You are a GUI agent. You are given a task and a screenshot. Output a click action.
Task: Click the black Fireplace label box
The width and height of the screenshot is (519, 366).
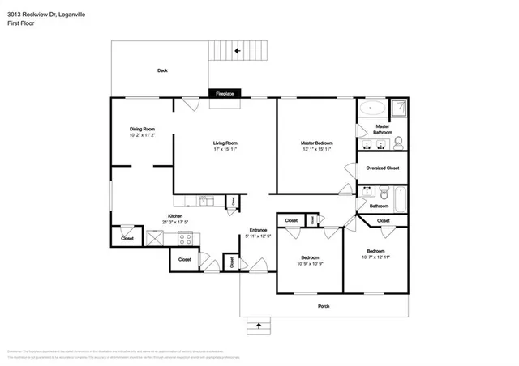[225, 94]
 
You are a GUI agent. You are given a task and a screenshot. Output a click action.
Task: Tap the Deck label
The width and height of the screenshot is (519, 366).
[162, 71]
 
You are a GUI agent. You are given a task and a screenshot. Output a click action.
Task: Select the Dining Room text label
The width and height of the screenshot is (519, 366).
[142, 129]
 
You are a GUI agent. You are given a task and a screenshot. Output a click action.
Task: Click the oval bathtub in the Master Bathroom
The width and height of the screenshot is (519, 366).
[372, 107]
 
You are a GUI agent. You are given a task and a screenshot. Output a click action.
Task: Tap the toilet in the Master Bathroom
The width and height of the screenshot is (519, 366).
[398, 143]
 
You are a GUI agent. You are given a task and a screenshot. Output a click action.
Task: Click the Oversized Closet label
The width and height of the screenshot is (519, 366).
[382, 168]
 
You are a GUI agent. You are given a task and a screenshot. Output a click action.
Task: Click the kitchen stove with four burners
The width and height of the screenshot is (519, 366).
[184, 238]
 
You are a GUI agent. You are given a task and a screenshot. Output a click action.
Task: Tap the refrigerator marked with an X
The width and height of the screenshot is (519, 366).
[152, 238]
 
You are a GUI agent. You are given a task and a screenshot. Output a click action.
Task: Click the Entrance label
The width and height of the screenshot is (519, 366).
[258, 230]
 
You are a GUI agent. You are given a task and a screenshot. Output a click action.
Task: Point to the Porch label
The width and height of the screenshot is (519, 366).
[323, 306]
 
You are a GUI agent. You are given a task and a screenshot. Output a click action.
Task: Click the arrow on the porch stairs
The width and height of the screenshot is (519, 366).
[259, 326]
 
